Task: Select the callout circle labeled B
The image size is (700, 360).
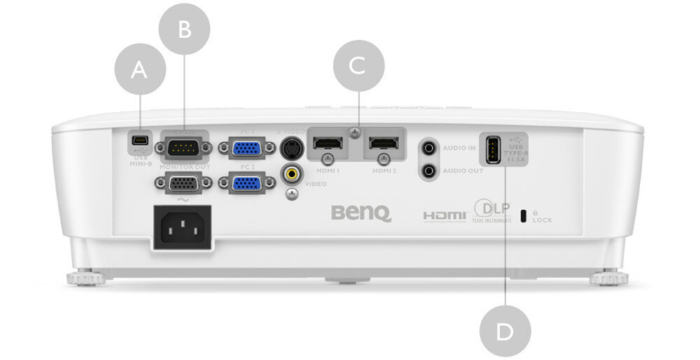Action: (x=184, y=29)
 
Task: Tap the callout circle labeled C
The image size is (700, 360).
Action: (x=358, y=66)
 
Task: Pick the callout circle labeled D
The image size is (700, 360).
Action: (x=505, y=331)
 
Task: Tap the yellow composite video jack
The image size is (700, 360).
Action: (x=292, y=173)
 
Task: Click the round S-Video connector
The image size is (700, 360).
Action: (x=292, y=148)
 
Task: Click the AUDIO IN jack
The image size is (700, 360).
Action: (x=428, y=148)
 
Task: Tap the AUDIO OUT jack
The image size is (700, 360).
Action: (x=428, y=169)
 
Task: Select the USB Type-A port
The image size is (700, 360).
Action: (x=491, y=149)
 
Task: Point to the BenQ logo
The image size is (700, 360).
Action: (x=361, y=212)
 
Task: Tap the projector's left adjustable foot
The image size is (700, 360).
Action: (x=85, y=279)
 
